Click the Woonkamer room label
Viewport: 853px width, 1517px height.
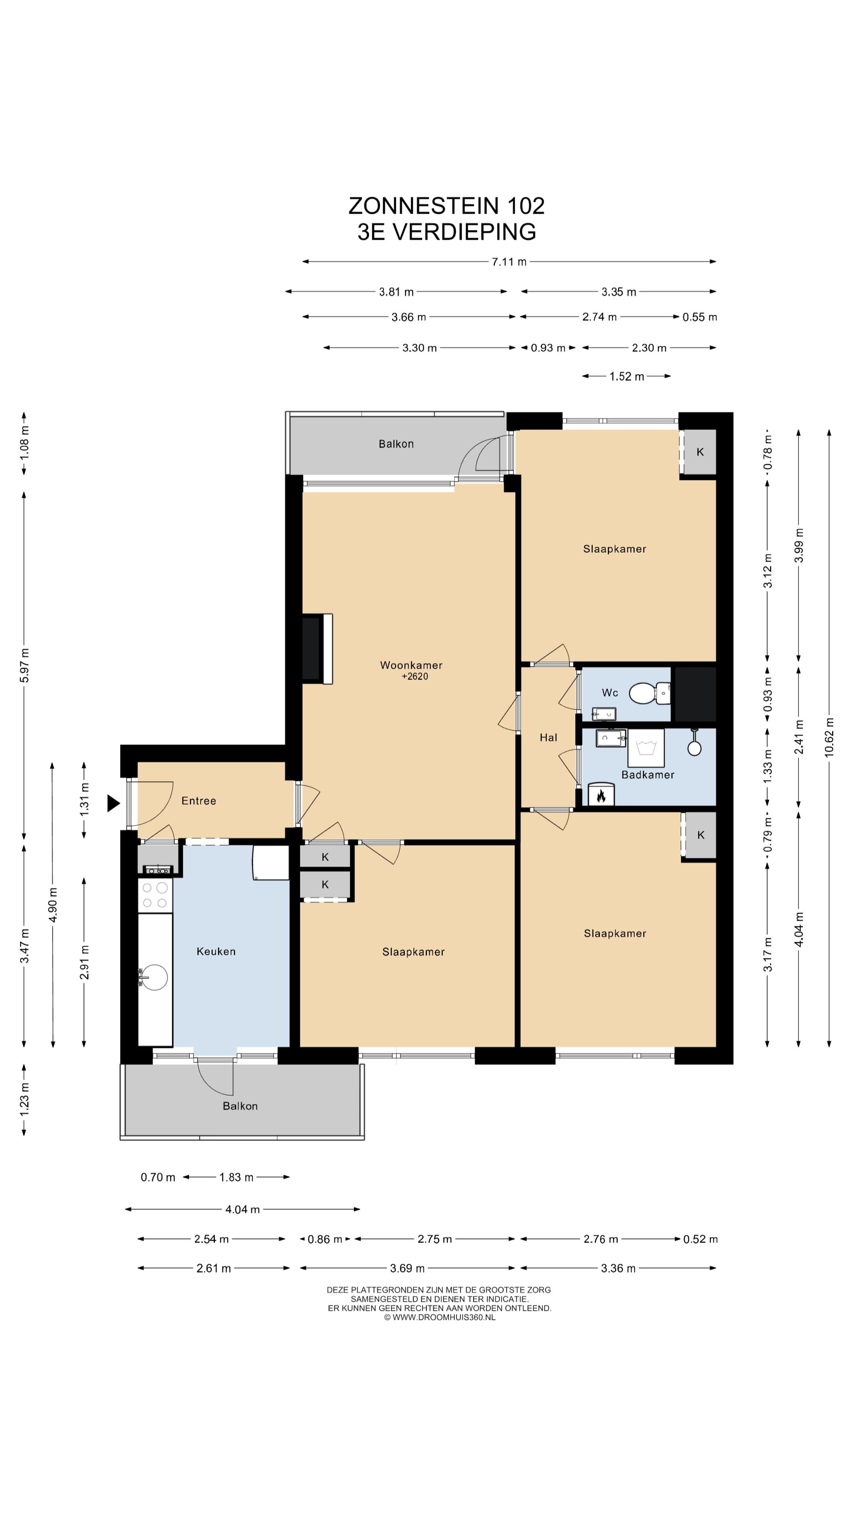coord(411,665)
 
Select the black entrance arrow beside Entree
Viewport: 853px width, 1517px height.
coord(113,803)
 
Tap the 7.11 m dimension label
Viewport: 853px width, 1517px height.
coord(509,262)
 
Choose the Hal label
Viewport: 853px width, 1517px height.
coord(548,737)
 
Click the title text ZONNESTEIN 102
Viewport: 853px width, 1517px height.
coord(447,205)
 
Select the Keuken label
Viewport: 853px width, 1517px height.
coord(216,951)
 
